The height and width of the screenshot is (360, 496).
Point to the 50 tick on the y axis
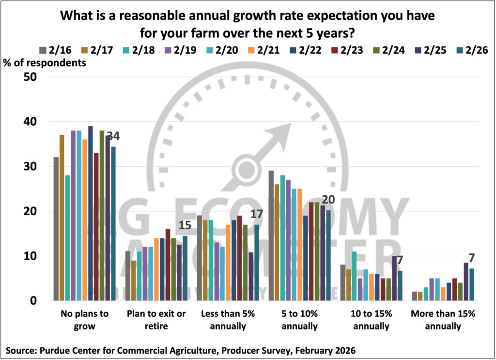tap(32, 77)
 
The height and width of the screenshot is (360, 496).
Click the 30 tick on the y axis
tap(32, 166)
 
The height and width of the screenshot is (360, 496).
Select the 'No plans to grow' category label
tap(85, 320)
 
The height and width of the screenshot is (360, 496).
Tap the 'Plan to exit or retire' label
tap(156, 320)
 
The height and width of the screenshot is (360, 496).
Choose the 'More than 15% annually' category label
tap(443, 320)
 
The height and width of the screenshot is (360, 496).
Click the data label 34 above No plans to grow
tap(113, 136)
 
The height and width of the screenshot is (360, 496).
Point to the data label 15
tap(185, 225)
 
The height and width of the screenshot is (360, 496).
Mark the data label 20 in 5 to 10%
tap(328, 200)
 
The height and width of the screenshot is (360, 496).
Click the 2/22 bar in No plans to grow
tap(91, 213)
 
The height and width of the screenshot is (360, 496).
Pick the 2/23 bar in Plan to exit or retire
tap(168, 265)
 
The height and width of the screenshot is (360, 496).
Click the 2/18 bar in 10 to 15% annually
tap(354, 276)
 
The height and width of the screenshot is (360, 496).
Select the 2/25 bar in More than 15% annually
tap(466, 282)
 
